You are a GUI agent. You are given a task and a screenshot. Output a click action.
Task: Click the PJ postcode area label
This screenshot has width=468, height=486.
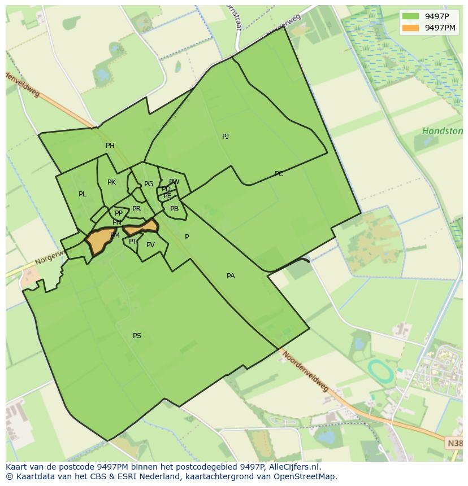(x=226, y=137)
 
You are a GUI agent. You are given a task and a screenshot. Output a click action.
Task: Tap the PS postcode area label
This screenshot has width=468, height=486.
(x=137, y=336)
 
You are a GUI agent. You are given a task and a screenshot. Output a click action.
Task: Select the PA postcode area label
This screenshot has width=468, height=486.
(x=231, y=276)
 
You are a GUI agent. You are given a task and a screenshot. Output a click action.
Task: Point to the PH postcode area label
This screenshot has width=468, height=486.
(x=110, y=146)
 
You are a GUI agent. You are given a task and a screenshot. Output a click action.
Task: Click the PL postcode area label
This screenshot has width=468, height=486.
(x=83, y=194)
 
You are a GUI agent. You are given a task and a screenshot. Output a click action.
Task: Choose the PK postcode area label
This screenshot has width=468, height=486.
(x=111, y=182)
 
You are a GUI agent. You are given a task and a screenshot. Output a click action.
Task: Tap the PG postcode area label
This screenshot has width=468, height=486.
(x=149, y=184)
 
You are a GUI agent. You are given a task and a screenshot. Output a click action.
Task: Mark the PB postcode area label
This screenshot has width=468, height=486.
(x=174, y=209)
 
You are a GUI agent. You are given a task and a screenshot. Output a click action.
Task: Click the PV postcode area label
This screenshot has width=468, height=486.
(x=150, y=245)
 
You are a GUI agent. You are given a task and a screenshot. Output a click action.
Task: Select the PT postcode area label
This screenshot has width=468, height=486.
(x=133, y=242)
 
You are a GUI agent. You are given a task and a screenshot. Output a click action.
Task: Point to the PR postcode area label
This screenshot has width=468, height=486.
(x=136, y=209)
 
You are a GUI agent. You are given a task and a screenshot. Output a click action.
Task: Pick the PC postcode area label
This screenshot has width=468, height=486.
(x=279, y=174)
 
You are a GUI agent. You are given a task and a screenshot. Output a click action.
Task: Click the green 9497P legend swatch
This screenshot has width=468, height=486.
(x=411, y=16)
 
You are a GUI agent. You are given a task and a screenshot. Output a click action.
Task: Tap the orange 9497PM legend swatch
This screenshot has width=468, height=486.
(x=411, y=28)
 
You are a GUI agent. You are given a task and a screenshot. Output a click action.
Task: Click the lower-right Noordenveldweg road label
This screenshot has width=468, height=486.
(x=305, y=372)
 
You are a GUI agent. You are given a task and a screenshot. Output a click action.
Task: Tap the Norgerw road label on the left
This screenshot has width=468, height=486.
(x=48, y=259)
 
